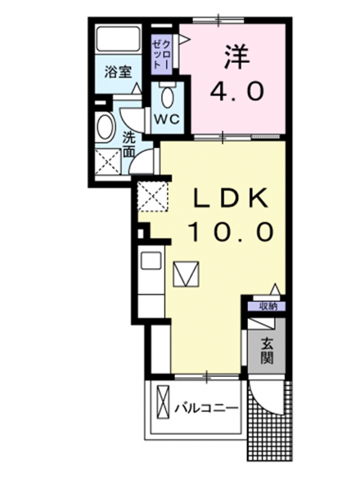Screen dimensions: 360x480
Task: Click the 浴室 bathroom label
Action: click(x=118, y=73)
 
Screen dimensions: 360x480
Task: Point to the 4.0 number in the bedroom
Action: click(x=236, y=91)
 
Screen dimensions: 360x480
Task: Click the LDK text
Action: click(x=229, y=199)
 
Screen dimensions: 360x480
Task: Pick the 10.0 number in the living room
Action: click(x=230, y=232)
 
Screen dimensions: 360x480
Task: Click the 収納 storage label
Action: click(x=268, y=306)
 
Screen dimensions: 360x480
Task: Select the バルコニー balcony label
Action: click(x=206, y=408)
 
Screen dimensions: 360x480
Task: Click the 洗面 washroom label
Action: click(x=129, y=145)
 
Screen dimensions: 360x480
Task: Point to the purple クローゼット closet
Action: click(x=162, y=55)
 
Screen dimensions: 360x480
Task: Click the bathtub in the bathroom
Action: click(x=118, y=39)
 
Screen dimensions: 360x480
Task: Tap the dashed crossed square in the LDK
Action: click(x=152, y=196)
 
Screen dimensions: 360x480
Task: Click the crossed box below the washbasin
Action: click(x=107, y=162)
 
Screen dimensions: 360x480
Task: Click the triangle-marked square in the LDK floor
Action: click(x=186, y=274)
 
